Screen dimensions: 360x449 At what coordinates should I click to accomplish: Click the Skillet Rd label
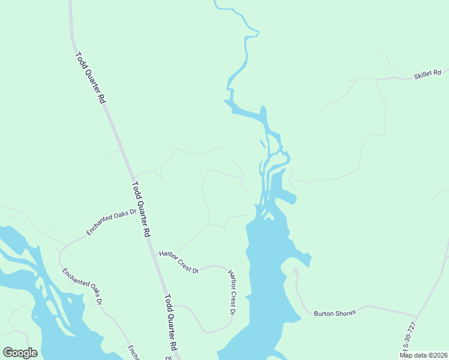point(427,74)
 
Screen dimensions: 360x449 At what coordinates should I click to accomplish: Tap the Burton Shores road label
point(335,313)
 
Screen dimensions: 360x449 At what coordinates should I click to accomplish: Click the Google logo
point(20,352)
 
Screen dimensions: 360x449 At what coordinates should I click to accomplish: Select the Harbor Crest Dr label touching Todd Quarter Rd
point(178,262)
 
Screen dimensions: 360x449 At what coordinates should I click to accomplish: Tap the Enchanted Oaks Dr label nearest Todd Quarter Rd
point(112,221)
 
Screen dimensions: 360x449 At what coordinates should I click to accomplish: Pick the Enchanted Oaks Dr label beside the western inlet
point(82,286)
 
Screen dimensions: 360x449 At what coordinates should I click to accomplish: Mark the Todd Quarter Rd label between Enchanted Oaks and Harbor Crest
point(140,210)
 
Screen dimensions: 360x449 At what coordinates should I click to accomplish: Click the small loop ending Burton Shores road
point(296,271)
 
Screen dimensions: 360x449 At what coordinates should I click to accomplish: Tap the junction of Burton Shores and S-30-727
point(416,317)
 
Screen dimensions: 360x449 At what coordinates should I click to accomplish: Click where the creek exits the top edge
point(215,2)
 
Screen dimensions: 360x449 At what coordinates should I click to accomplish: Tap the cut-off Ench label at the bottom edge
point(134,353)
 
